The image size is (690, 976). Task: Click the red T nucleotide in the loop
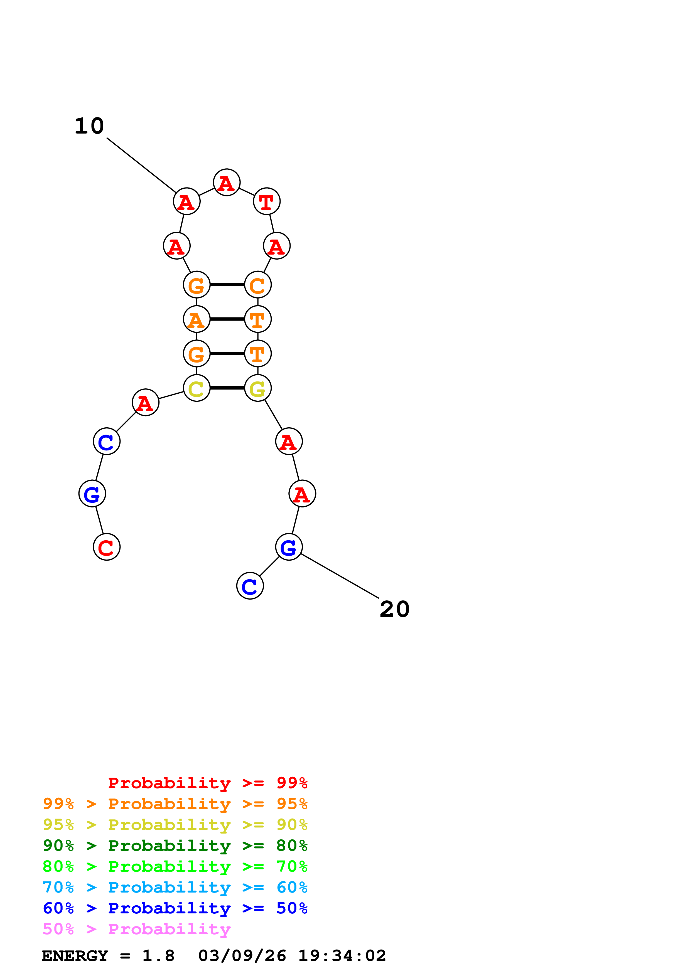[x=267, y=201]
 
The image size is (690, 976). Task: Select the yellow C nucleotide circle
[x=197, y=388]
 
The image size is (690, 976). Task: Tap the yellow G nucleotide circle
[x=258, y=388]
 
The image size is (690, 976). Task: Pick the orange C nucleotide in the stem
[x=258, y=285]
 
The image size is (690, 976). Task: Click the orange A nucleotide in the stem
[x=197, y=319]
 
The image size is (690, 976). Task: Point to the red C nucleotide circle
[x=107, y=547]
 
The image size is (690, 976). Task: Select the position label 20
[x=394, y=609]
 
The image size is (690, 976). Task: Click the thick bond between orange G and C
[x=227, y=285]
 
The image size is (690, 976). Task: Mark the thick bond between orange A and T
[x=227, y=319]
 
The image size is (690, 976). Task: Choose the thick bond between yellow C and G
[x=227, y=388]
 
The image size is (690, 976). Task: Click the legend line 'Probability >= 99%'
[x=207, y=783]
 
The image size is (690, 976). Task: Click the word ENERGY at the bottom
[x=75, y=956]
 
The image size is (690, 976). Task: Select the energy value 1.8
[x=158, y=956]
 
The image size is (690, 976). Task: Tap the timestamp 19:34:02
[x=342, y=956]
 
